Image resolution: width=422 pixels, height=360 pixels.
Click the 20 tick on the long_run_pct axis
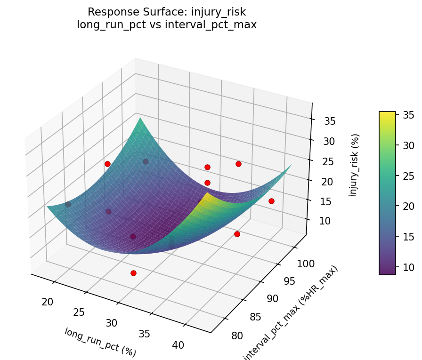click(x=47, y=302)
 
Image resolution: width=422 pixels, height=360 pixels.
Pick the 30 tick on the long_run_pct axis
click(x=112, y=323)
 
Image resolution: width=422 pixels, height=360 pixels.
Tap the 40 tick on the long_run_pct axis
click(x=178, y=345)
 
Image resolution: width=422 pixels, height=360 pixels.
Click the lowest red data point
click(x=133, y=273)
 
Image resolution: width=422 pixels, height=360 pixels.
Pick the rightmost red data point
click(x=271, y=201)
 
